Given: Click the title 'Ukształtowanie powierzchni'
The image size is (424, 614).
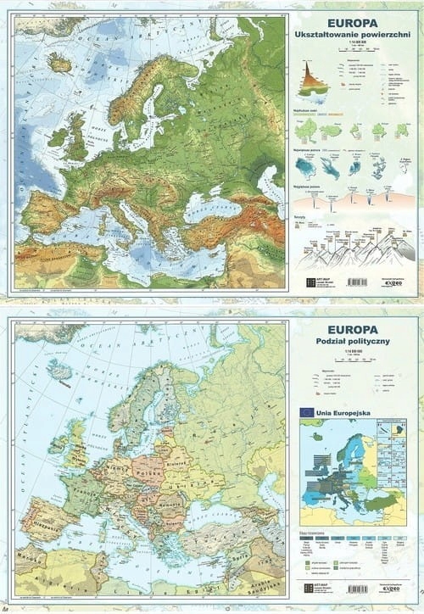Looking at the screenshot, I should point(354,34).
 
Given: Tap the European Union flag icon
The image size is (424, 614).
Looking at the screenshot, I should point(306,412).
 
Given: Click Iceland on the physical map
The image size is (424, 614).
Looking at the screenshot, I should point(59,62).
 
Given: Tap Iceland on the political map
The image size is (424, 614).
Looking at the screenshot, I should point(59,371).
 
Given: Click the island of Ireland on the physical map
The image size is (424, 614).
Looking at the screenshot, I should point(58,137).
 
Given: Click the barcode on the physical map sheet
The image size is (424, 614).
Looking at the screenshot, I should point(357,282).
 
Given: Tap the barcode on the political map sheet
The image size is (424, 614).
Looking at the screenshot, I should point(357,589).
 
